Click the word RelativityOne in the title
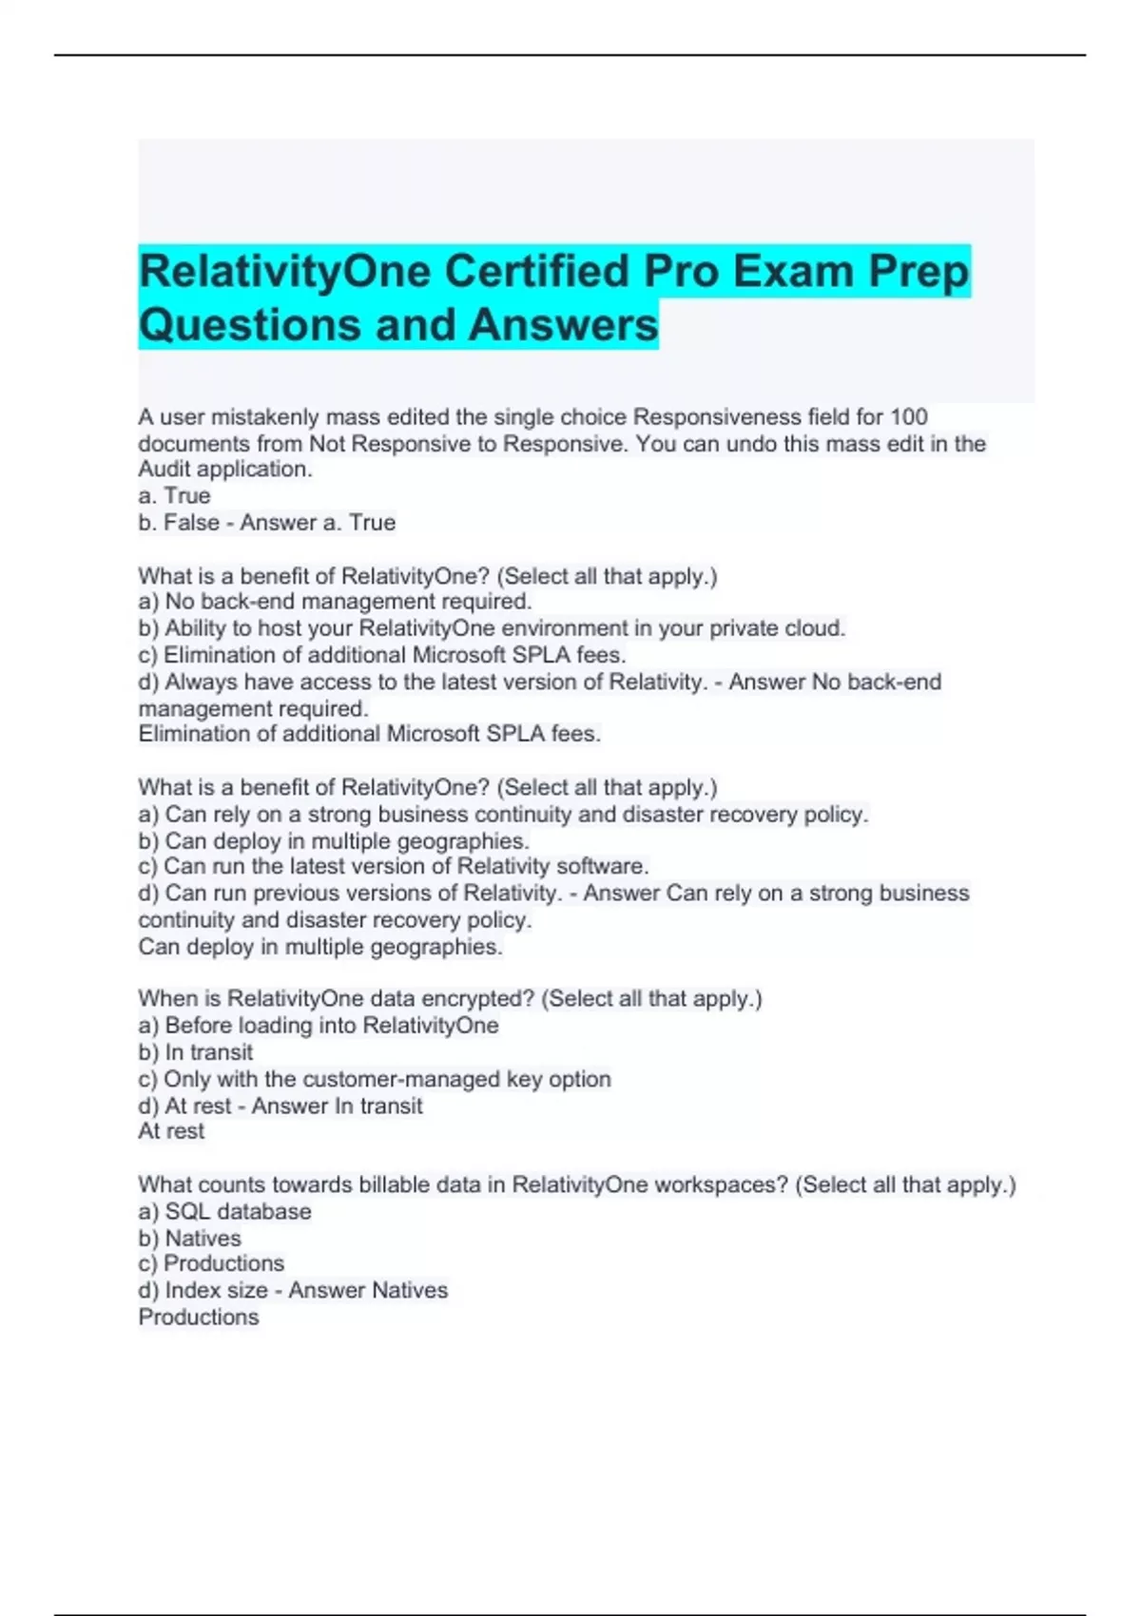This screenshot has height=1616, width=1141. [x=284, y=272]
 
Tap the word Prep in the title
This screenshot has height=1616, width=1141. [x=918, y=272]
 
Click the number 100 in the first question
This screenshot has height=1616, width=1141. [x=909, y=417]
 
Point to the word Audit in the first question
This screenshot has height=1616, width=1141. [x=164, y=470]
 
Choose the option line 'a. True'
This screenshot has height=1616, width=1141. [x=175, y=496]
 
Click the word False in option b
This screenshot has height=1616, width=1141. [x=191, y=523]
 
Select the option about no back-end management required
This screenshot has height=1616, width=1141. [x=335, y=602]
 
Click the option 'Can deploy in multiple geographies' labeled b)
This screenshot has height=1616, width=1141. [x=334, y=841]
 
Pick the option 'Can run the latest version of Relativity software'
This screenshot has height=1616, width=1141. [x=394, y=867]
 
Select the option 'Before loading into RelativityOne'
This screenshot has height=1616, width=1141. [x=319, y=1026]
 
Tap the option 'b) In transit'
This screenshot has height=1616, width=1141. [x=196, y=1052]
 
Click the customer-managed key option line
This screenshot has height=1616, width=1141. [x=375, y=1079]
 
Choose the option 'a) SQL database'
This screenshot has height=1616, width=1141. [x=225, y=1212]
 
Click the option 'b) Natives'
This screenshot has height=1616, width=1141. [x=190, y=1239]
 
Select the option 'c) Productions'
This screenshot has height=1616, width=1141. [x=211, y=1264]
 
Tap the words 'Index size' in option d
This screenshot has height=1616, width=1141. [x=216, y=1291]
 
